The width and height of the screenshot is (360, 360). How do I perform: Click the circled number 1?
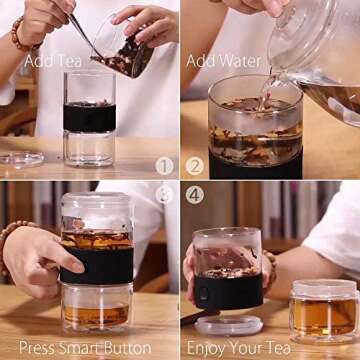[x=165, y=166]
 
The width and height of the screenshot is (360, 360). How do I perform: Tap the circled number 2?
[x=194, y=166]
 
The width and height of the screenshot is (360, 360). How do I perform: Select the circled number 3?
[x=165, y=195]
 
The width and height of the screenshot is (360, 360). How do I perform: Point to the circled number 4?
[x=194, y=195]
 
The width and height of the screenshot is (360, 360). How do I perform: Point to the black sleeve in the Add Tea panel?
[x=90, y=117]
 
